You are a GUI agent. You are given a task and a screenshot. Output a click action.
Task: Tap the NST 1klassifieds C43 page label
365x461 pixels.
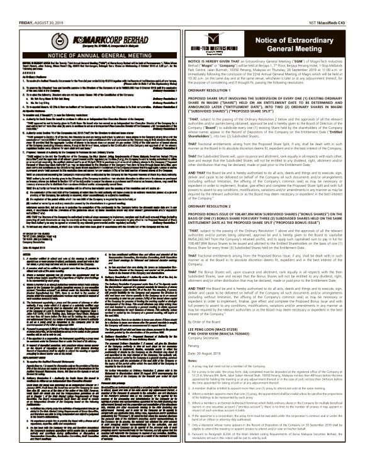pyautogui.click(x=339, y=4)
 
